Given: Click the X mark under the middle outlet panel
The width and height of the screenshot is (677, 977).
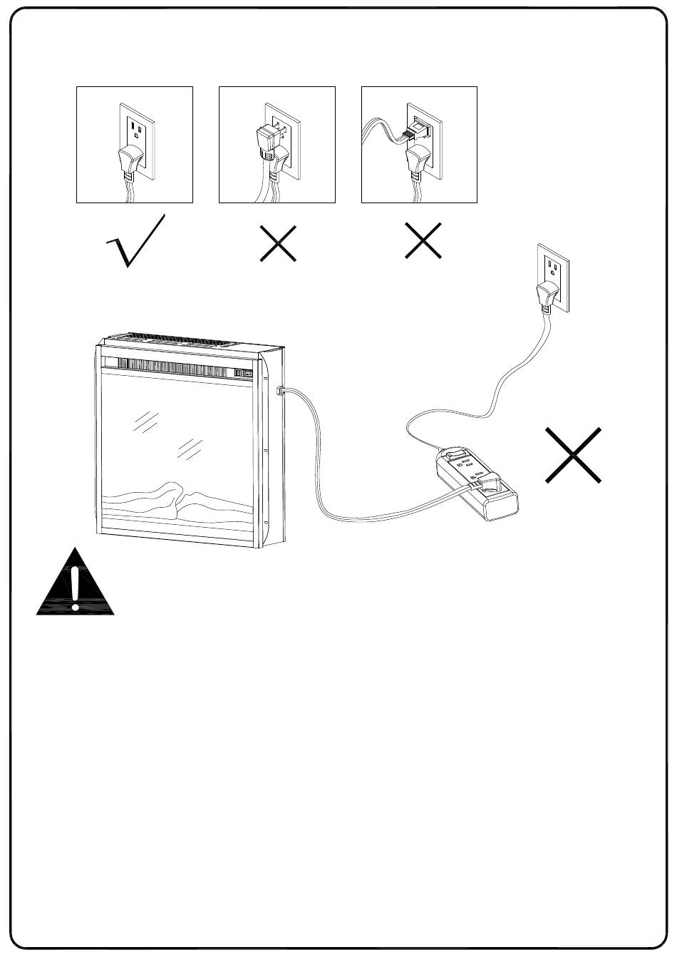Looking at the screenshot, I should pyautogui.click(x=278, y=243).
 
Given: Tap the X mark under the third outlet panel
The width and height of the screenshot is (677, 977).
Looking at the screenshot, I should pyautogui.click(x=423, y=240).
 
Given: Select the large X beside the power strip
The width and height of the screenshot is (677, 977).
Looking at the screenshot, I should pyautogui.click(x=573, y=455).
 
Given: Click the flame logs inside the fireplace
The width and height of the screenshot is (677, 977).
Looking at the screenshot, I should pyautogui.click(x=178, y=503).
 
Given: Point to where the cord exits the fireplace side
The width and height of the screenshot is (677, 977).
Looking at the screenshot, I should pyautogui.click(x=280, y=390).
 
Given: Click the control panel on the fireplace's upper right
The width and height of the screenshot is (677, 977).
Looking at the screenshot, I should pyautogui.click(x=243, y=372).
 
